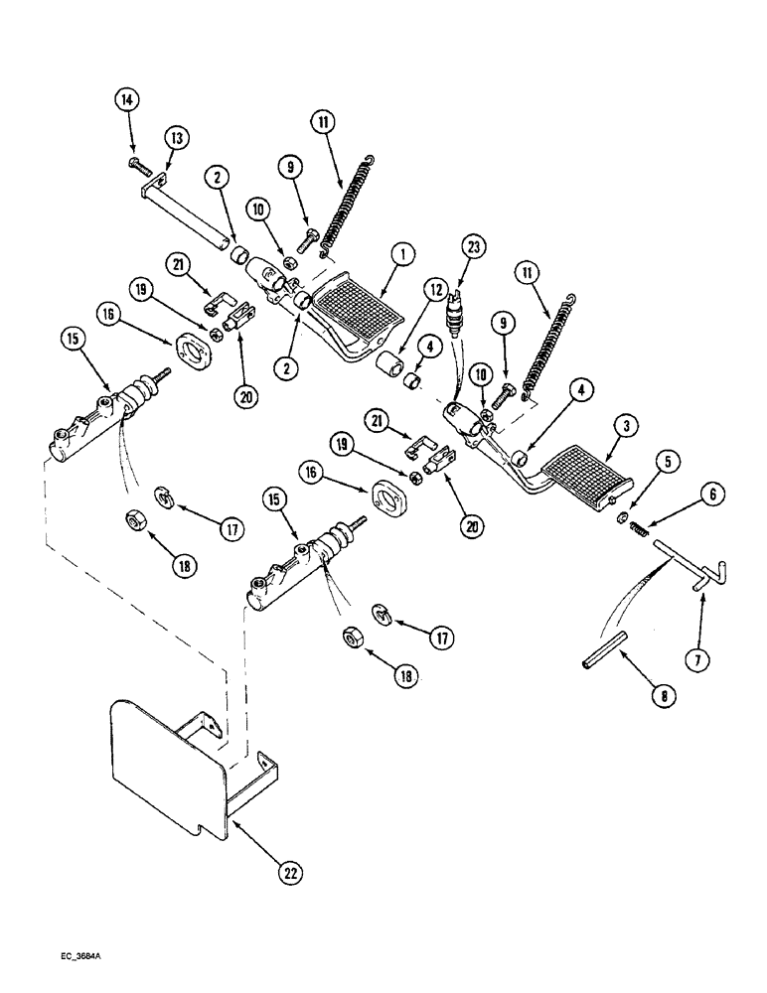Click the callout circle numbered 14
coord(128,100)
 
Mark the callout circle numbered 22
coord(288,873)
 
